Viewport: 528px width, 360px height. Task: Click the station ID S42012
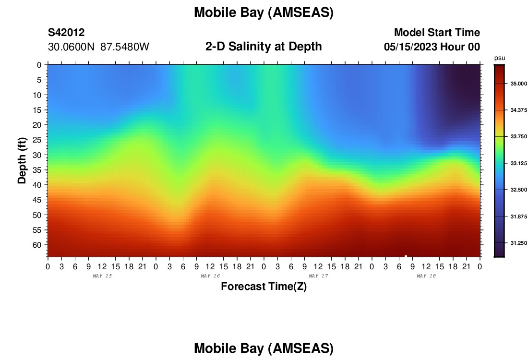[66, 33]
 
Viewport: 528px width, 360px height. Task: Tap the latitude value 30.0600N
[71, 47]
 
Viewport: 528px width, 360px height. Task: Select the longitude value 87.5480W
[125, 47]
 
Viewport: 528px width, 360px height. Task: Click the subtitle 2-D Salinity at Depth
[264, 47]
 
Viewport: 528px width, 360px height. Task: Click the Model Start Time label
[437, 33]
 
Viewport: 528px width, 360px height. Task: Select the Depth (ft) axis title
[22, 160]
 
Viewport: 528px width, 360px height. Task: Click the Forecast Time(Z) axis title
[264, 287]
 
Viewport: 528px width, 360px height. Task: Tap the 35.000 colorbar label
[518, 84]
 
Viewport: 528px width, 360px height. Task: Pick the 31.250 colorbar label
[518, 243]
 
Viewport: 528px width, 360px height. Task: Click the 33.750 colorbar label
[518, 137]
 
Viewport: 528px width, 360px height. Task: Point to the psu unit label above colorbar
[500, 58]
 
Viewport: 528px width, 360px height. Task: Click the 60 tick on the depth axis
[36, 245]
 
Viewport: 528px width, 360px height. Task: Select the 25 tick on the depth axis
[36, 140]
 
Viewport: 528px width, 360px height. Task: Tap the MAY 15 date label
[102, 276]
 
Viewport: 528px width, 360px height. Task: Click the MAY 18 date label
[426, 276]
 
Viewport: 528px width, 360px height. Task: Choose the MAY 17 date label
[318, 276]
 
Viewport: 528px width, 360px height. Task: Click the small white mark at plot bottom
[406, 256]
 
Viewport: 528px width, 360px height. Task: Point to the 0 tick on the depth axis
[39, 65]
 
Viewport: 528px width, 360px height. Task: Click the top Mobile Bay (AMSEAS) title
[264, 12]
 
